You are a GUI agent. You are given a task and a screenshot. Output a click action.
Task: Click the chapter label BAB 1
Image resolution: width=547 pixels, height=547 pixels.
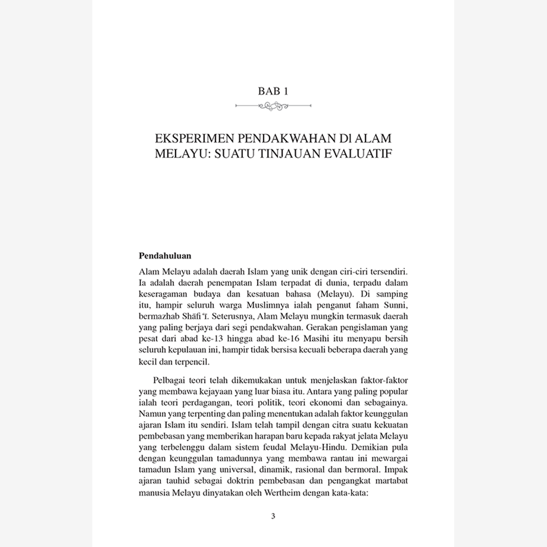tap(273, 92)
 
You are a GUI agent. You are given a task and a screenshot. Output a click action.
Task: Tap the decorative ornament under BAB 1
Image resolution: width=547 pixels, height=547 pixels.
tap(273, 106)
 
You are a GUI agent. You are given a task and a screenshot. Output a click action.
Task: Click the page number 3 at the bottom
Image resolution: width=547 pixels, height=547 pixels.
tap(273, 516)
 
